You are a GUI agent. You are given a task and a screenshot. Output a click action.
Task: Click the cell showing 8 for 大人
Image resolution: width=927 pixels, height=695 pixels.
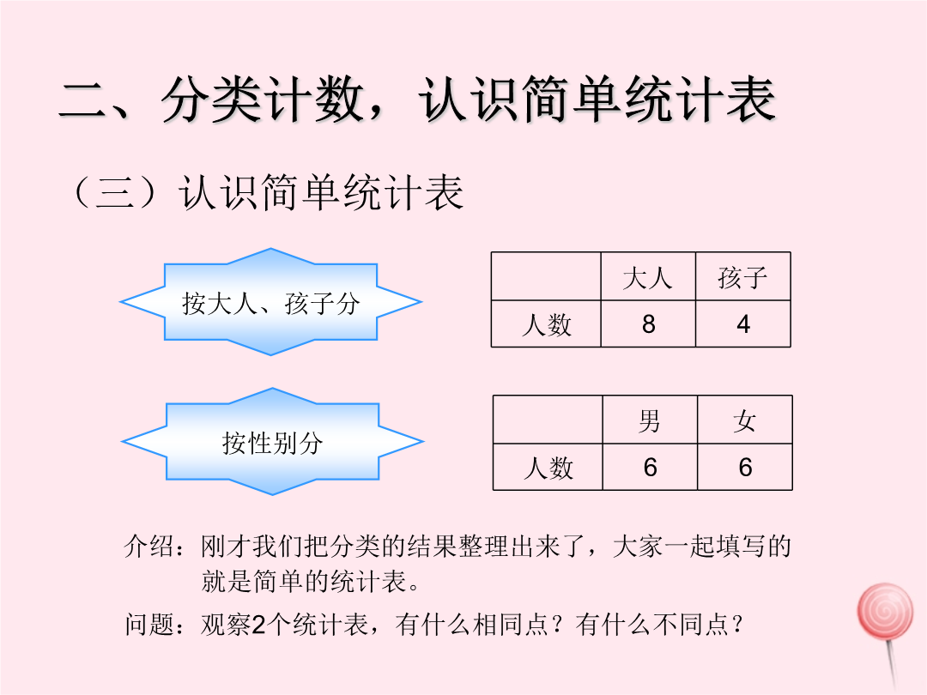pos(648,323)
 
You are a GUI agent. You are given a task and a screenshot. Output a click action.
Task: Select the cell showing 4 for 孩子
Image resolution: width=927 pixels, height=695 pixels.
pos(743,323)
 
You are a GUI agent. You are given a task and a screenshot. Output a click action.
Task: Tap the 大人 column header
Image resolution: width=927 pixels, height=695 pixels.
pos(648,276)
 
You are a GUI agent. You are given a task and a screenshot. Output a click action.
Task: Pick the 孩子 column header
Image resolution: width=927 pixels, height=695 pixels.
pos(743,276)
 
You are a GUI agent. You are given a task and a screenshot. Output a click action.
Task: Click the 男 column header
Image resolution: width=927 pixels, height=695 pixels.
pos(650,420)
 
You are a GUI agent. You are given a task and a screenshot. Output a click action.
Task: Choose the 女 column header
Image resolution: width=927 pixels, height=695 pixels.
pos(745,420)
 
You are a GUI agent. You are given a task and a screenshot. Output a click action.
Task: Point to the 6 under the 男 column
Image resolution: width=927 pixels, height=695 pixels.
pos(650,467)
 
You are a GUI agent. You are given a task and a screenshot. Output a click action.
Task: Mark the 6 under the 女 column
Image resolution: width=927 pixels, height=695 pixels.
pos(745,467)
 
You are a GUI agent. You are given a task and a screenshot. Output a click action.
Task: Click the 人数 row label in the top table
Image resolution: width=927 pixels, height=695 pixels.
pos(546,323)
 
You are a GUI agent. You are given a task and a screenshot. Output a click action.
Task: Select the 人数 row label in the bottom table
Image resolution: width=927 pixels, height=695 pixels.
pos(548,467)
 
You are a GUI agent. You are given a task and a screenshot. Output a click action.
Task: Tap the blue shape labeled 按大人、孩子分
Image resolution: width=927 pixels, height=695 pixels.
pos(270,302)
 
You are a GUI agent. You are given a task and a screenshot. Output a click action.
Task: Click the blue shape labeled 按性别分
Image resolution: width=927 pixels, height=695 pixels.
pos(273,442)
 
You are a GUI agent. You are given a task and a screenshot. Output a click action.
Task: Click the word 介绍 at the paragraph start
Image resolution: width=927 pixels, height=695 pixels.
pos(149,546)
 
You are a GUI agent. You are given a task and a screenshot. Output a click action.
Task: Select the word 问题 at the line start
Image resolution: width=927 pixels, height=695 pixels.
pos(149,624)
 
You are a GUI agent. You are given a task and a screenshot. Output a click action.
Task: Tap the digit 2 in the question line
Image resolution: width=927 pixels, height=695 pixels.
pos(258,625)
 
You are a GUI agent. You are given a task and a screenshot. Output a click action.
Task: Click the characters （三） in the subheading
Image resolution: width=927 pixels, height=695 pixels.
pos(115,193)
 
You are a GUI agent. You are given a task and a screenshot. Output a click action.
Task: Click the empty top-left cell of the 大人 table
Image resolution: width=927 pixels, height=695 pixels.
pos(546,276)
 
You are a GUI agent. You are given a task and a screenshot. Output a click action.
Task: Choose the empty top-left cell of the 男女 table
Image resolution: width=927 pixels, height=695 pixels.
pos(548,420)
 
